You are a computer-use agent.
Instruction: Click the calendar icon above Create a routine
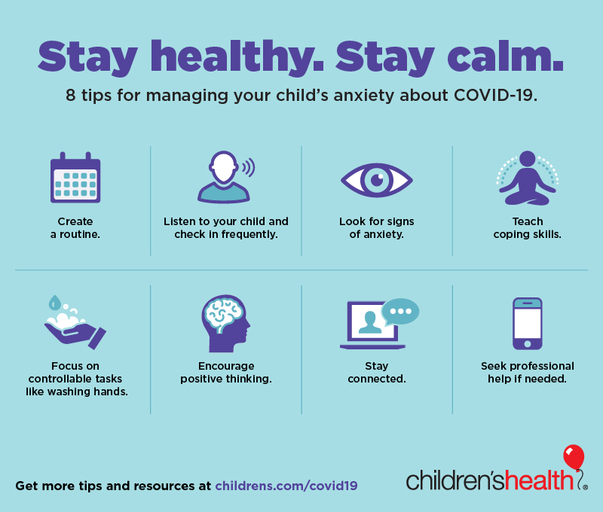pos(75,178)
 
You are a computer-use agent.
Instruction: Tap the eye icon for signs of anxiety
pos(377,180)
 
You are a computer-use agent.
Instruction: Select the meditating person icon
pos(527,178)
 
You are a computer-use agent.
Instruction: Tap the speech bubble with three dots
pos(400,312)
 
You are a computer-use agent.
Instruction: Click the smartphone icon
pos(527,324)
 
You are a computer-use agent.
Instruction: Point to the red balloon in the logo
pos(574,457)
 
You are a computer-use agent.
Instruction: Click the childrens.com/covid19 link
pos(286,486)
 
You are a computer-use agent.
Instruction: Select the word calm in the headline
pos(505,56)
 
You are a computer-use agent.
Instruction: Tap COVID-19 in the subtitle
pos(495,96)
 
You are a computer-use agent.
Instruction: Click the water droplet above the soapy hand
pos(54,303)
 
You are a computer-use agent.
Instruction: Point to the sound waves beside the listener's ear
pos(249,167)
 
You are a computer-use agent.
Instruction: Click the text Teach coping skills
pos(527,228)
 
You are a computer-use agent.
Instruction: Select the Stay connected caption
pos(377,372)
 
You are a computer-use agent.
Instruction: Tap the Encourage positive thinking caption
pos(226,372)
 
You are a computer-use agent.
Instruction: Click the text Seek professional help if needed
pos(527,372)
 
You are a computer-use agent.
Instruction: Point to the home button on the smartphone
pos(527,344)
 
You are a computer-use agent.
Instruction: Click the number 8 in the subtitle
pos(70,96)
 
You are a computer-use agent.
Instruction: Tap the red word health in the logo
pos(539,480)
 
